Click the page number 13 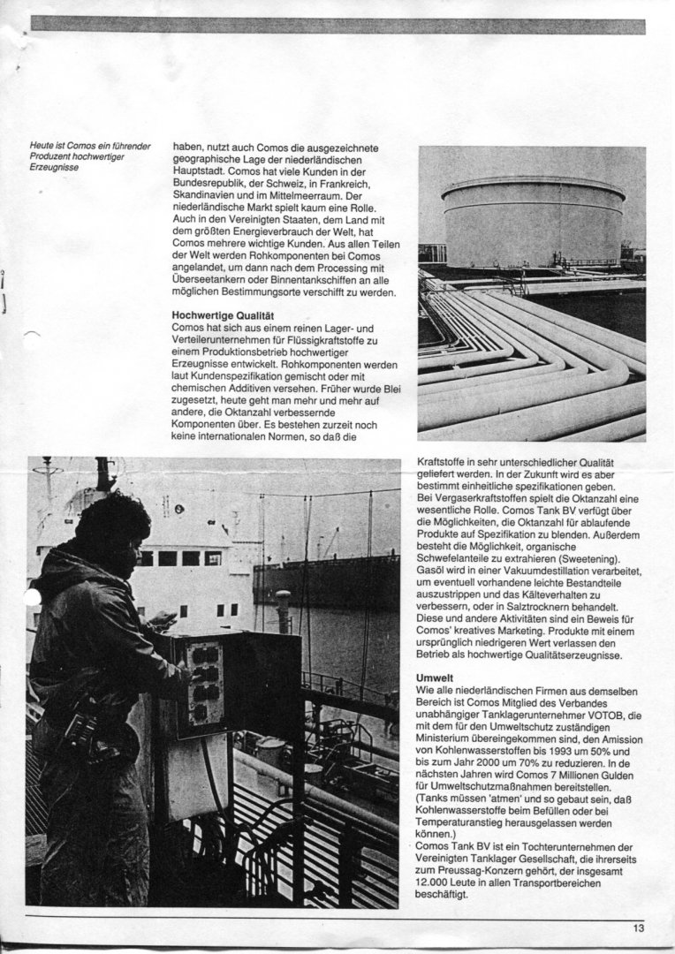pyautogui.click(x=638, y=927)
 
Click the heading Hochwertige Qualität pyautogui.click(x=222, y=314)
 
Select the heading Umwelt pyautogui.click(x=433, y=678)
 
